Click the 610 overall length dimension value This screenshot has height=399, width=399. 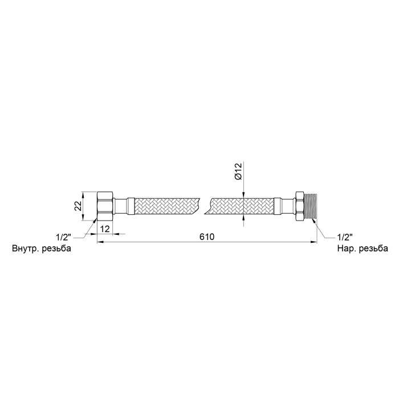point(207,237)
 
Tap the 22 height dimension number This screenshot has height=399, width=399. point(78,206)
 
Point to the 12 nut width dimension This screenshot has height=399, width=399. point(105,229)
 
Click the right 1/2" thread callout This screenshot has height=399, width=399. point(345,237)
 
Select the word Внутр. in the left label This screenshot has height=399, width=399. point(25,249)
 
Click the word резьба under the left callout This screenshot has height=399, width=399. point(56,249)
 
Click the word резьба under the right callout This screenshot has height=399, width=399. point(373,249)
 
